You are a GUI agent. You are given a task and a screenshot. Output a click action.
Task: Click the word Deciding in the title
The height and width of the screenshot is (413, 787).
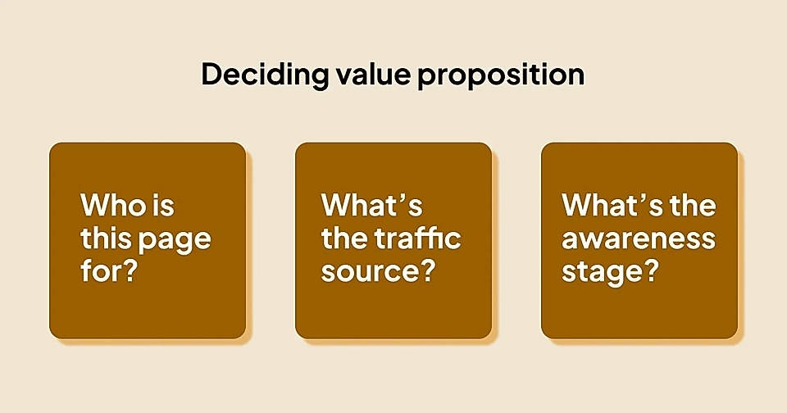pos(257,75)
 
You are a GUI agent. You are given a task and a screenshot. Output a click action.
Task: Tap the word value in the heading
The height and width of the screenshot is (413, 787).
pos(362,75)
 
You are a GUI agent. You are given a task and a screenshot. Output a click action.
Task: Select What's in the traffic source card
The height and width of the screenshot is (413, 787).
pos(371,205)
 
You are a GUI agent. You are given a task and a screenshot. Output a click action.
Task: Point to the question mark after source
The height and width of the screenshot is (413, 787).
pos(424,270)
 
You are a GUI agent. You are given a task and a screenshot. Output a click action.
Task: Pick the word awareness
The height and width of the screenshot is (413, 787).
pos(639,238)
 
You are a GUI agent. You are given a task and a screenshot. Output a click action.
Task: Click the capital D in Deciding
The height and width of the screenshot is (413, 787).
pos(212,75)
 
